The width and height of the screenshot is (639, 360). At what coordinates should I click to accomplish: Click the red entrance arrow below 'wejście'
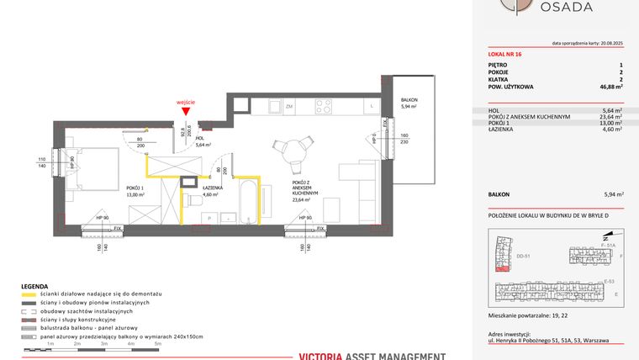[193, 112]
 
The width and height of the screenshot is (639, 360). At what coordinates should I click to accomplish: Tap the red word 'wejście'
[187, 102]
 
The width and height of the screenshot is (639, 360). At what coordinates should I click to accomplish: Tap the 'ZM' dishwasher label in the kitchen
[288, 108]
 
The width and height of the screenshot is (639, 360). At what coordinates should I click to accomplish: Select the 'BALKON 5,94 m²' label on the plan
[409, 103]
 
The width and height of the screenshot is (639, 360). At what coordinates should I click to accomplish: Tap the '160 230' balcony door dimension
[404, 138]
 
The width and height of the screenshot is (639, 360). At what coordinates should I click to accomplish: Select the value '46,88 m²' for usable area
[609, 87]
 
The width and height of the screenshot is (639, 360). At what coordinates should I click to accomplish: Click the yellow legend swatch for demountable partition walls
[29, 294]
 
